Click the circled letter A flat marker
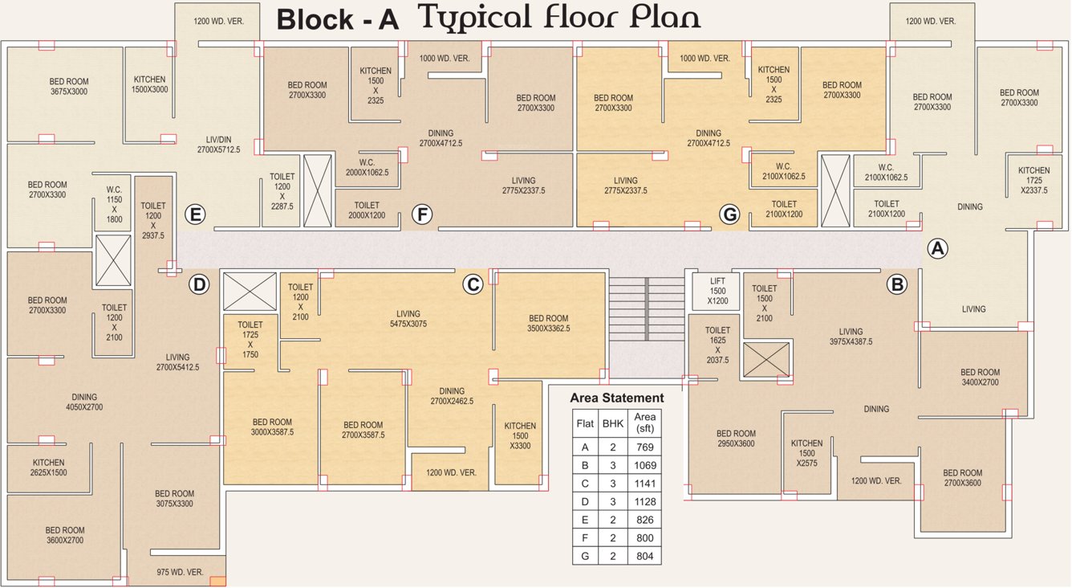coord(937,248)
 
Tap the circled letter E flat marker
coord(193,214)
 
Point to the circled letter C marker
coord(473,284)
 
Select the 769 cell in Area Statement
coord(644,447)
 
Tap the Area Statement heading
coord(616,398)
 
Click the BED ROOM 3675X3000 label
coord(69,87)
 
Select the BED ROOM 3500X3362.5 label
coord(549,323)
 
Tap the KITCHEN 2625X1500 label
coord(48,468)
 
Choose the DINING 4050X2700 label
coord(83,402)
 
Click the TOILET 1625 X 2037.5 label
coord(717,345)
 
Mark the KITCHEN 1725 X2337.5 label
coord(1033,181)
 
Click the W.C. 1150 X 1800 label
coord(114,204)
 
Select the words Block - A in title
coord(337,20)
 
